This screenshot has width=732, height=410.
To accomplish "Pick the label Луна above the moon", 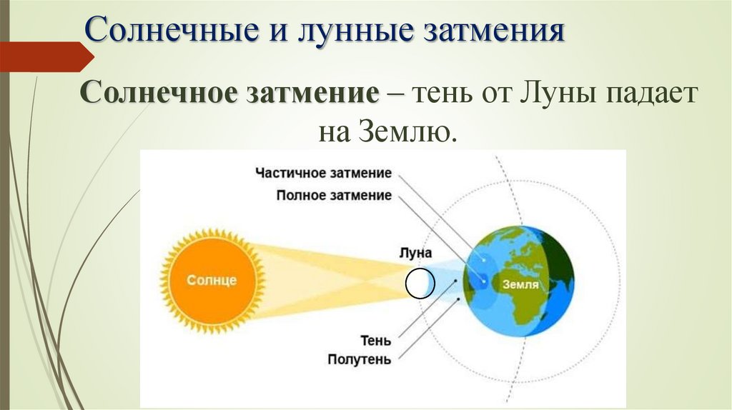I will coord(416,253).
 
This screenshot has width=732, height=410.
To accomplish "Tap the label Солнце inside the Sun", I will coord(212,280).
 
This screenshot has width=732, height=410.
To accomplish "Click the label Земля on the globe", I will coord(520,284).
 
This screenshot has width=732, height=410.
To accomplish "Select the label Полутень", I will coord(359,359).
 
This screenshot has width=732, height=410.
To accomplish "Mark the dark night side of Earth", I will coord(561,264).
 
